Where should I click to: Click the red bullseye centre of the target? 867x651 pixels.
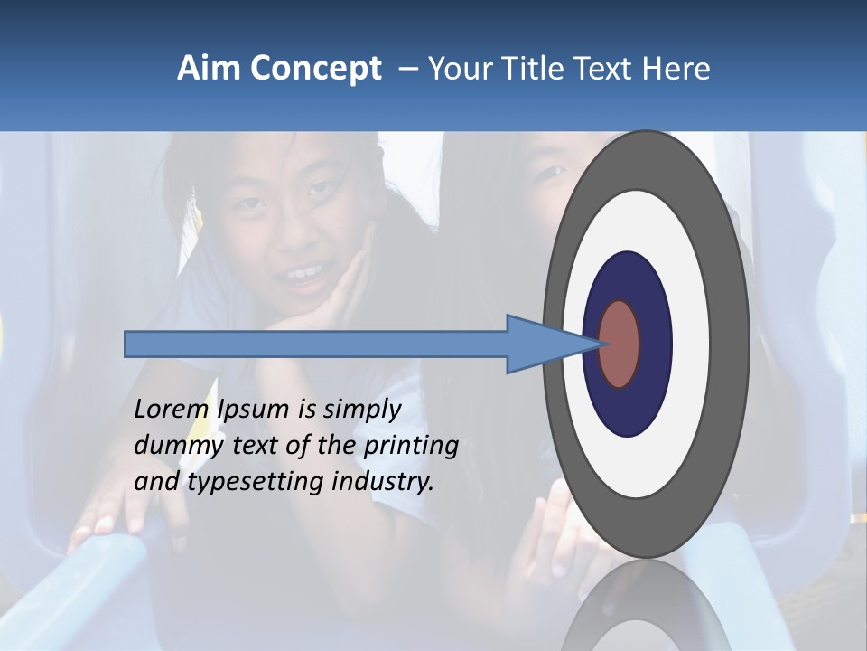(620, 344)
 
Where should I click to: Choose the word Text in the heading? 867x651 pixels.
(607, 69)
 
